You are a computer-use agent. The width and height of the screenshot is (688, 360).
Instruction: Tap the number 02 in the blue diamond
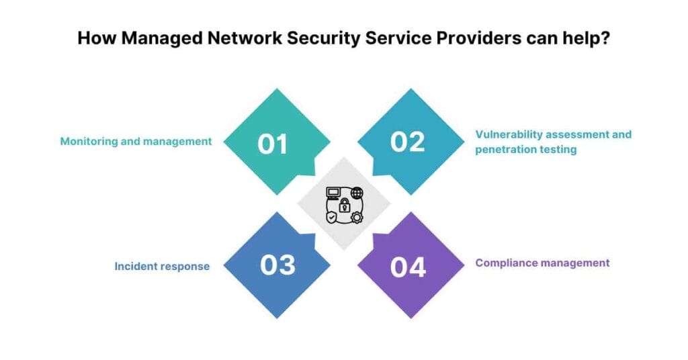pos(408,142)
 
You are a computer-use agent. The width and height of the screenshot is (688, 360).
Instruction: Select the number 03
pos(277,265)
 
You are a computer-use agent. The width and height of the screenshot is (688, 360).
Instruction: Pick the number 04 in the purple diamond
pos(408,267)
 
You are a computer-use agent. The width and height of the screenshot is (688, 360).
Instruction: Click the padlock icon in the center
pos(344,204)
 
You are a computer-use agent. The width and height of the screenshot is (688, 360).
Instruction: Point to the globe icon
pos(357,193)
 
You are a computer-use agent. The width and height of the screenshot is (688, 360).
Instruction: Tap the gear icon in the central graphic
pos(357,217)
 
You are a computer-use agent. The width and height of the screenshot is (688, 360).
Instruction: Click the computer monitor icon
pos(333,193)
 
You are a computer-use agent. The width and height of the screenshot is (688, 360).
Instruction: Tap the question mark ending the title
pos(605,38)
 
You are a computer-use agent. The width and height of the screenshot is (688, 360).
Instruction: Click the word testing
pos(560,149)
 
